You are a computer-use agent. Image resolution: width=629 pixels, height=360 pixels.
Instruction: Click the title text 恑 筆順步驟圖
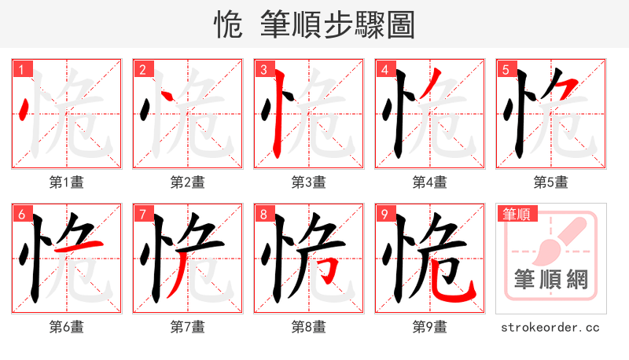point(314,24)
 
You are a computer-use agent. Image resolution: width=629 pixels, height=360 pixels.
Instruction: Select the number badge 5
point(506,70)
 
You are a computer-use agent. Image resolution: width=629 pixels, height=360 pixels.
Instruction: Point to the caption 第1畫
point(67,182)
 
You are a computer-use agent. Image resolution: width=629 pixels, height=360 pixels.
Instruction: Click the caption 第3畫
point(309,182)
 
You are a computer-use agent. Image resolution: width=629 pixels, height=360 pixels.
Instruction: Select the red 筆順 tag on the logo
point(516,213)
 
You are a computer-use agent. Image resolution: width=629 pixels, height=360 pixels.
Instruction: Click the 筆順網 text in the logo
point(551,279)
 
